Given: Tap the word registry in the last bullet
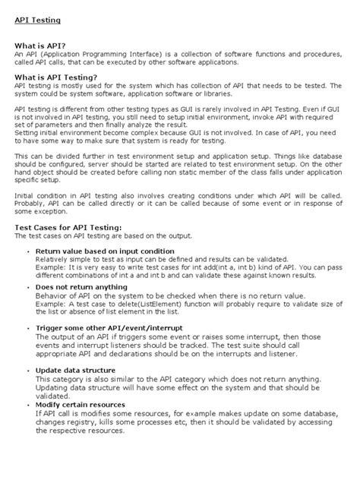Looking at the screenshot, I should pyautogui.click(x=78, y=422).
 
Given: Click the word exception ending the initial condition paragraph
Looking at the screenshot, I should pyautogui.click(x=54, y=213).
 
